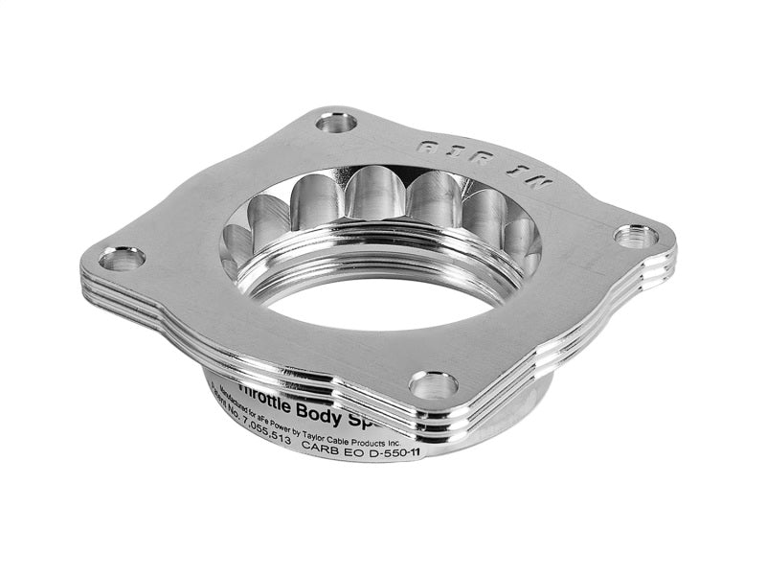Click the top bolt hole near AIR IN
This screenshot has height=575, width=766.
point(336,122)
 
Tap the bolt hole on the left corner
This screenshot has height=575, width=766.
point(122,258)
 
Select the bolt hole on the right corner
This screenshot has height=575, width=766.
point(636,235)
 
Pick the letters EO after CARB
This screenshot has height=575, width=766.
point(376,446)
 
